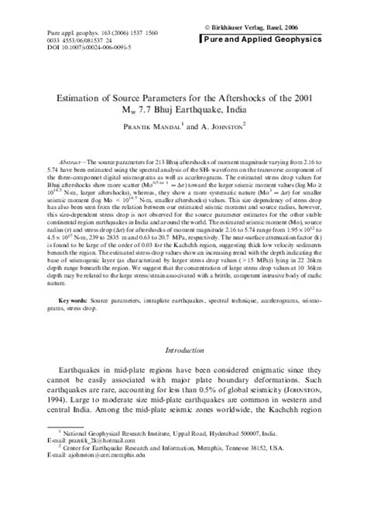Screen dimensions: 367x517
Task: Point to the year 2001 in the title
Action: pos(304,98)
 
